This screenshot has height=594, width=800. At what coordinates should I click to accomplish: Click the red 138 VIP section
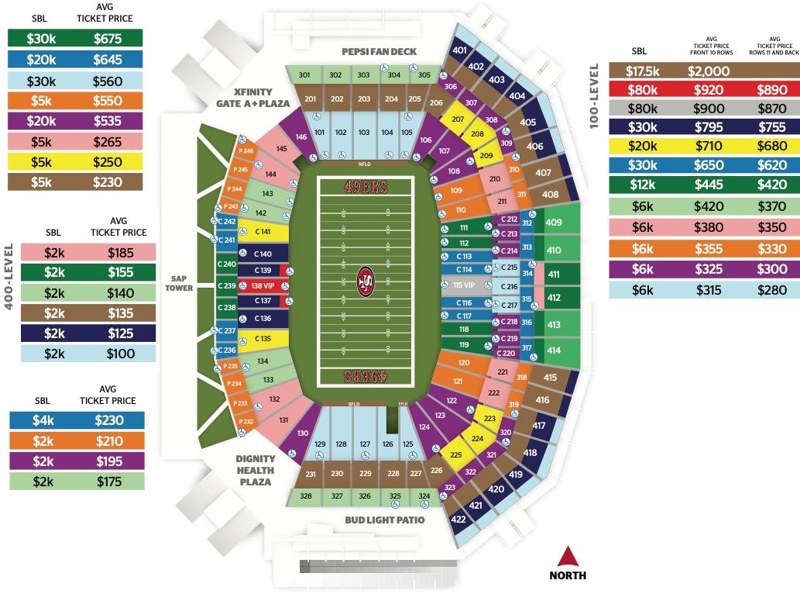click(x=263, y=286)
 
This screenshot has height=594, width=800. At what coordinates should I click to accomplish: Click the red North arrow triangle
click(x=568, y=557)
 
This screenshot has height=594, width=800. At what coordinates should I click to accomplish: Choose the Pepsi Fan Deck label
click(x=379, y=52)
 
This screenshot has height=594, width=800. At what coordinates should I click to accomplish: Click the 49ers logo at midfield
click(x=364, y=282)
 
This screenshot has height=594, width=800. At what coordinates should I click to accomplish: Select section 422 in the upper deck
click(x=458, y=519)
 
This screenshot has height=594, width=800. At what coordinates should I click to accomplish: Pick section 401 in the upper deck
click(x=459, y=50)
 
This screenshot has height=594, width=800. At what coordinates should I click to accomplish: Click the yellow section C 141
click(x=263, y=233)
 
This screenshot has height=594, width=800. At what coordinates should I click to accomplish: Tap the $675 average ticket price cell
click(x=108, y=37)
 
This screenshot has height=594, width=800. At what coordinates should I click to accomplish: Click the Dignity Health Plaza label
click(x=256, y=470)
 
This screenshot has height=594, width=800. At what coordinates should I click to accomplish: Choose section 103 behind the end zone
click(x=364, y=133)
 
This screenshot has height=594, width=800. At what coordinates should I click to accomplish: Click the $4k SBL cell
click(x=43, y=420)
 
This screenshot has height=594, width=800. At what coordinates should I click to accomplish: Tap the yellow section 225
click(x=456, y=455)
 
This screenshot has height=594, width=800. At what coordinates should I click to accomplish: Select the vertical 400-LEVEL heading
click(x=10, y=276)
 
